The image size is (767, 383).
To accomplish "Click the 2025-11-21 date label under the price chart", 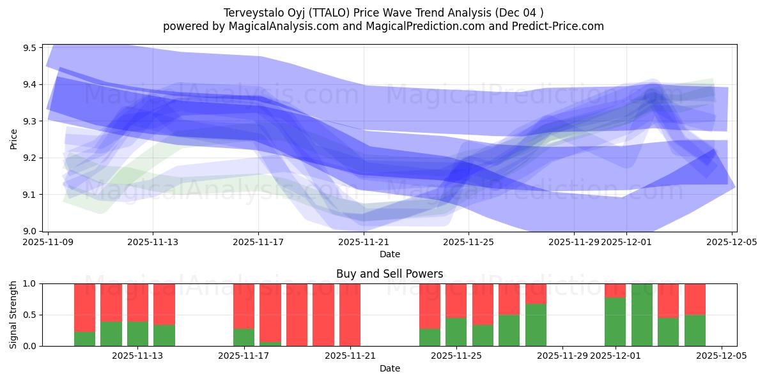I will tap(364, 243).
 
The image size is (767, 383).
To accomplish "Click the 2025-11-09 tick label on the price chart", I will tap(48, 243).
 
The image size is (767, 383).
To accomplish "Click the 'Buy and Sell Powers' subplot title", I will tap(389, 274).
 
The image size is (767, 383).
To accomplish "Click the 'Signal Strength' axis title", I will tap(14, 315).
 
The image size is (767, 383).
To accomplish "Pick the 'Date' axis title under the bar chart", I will tap(389, 368).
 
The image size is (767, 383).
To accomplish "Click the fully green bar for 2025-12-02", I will tap(642, 315).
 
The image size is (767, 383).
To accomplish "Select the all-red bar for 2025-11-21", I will tap(350, 315).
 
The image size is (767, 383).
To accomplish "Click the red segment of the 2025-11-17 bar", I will tap(244, 305).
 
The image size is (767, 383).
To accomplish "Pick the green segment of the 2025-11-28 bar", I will tap(536, 326).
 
